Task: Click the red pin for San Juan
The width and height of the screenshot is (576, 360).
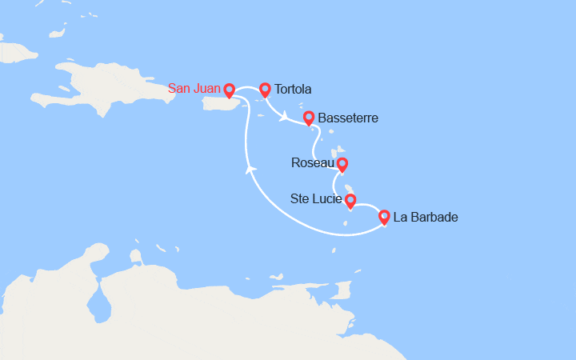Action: point(230,90)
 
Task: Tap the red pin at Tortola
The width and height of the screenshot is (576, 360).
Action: point(265,89)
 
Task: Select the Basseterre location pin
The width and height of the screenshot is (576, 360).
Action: point(309,118)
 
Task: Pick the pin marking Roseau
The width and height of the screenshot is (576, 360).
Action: point(342,165)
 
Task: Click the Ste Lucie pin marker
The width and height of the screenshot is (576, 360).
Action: point(350,200)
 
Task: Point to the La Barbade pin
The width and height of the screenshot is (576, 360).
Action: point(384,216)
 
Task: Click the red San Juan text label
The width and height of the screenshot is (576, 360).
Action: point(195,89)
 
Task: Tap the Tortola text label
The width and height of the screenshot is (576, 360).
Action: point(293,89)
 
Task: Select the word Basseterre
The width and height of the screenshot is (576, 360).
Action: point(348,118)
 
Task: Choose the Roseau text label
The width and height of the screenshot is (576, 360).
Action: point(313,165)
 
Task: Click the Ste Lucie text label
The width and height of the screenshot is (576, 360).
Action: point(315,199)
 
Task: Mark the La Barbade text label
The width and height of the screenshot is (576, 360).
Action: point(427,216)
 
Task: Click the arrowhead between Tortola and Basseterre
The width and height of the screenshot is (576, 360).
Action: point(284,119)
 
